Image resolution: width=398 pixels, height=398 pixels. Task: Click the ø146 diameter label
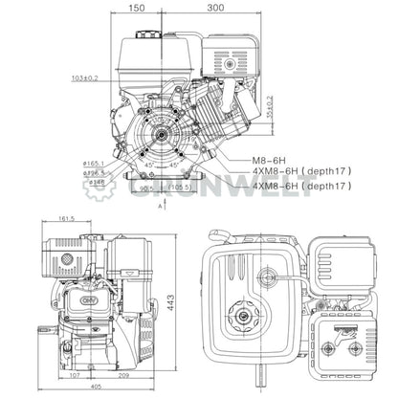click(x=97, y=180)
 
